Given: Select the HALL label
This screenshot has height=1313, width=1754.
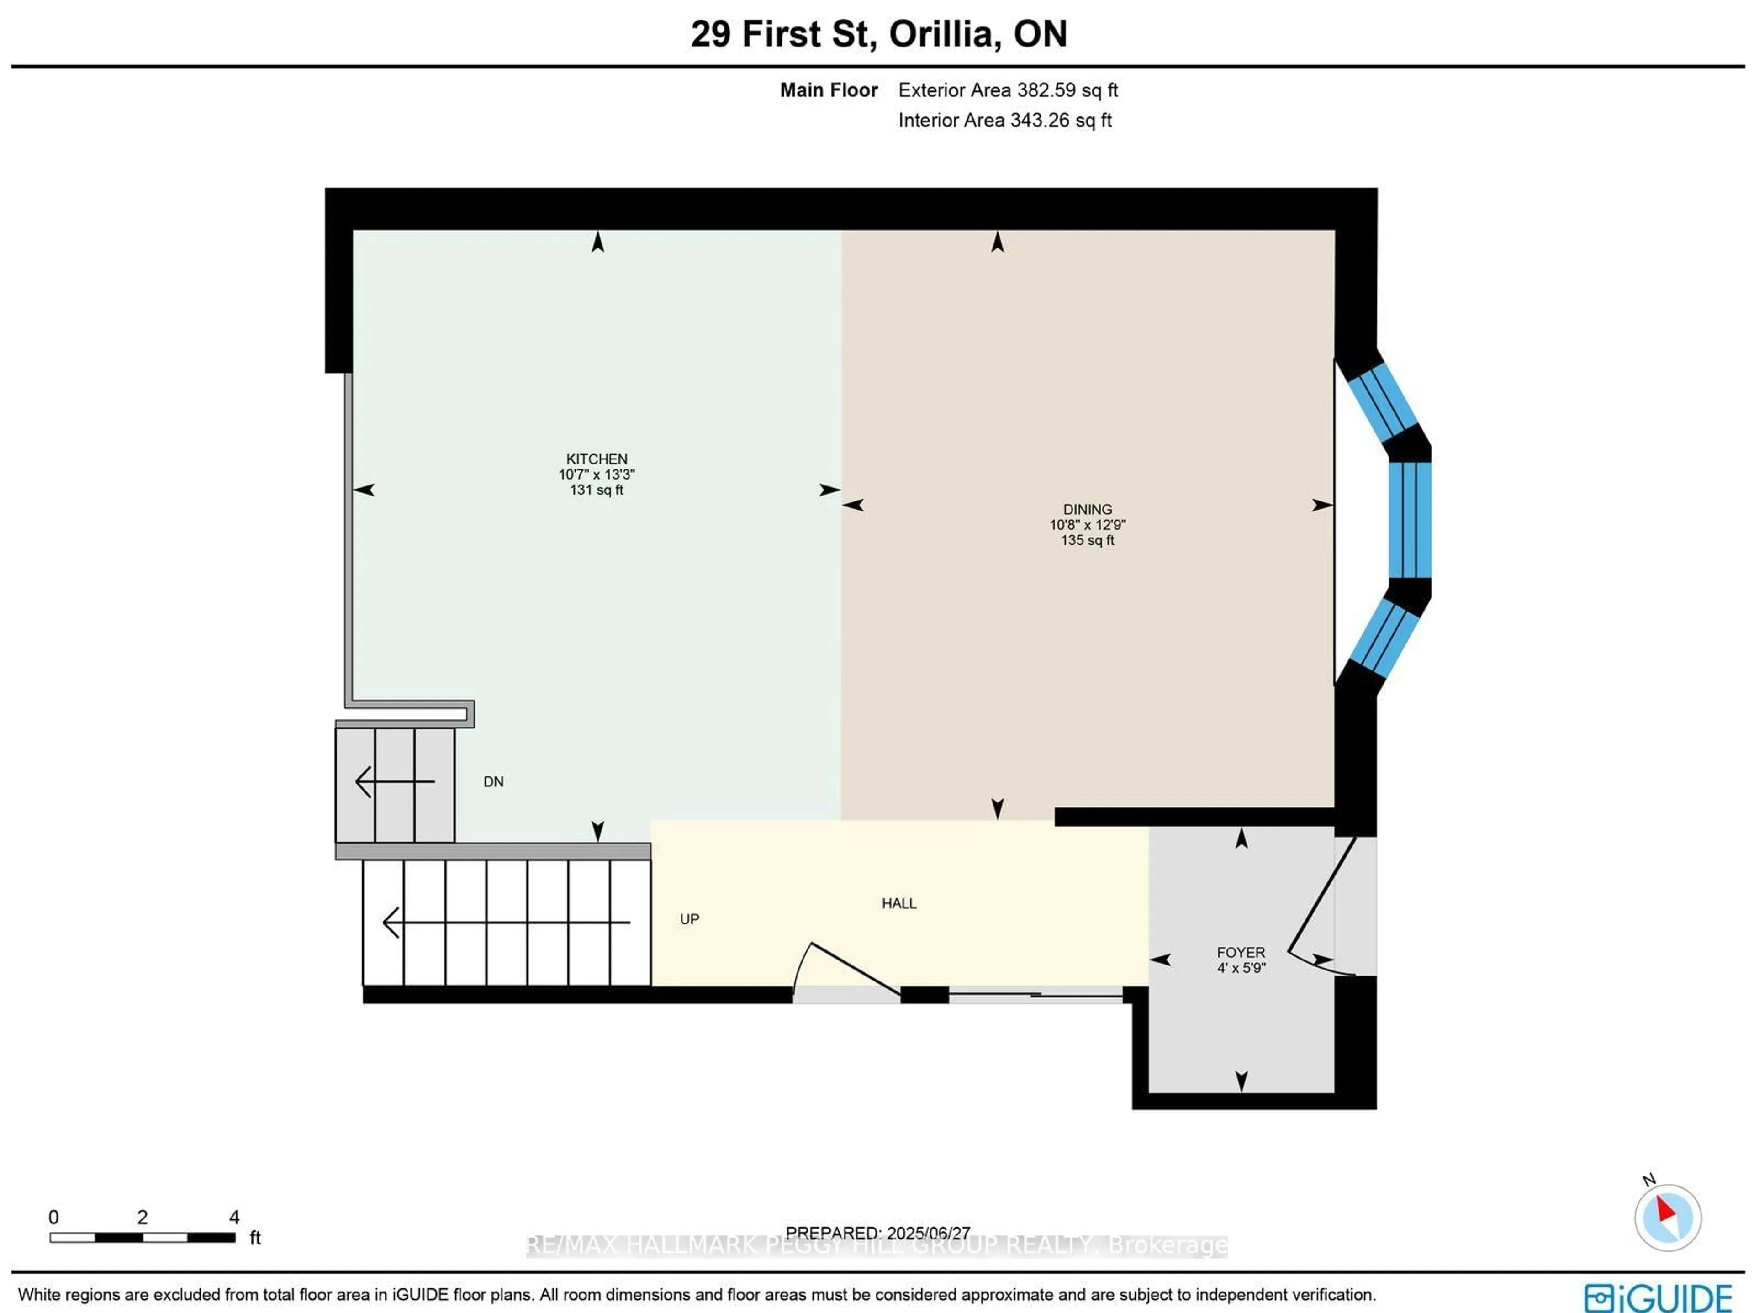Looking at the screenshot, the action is [899, 903].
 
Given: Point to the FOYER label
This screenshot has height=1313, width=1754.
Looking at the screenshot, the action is [1241, 952].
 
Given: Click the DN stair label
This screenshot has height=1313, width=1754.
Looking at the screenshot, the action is [493, 782].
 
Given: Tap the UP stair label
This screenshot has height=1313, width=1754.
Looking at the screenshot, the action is [689, 919].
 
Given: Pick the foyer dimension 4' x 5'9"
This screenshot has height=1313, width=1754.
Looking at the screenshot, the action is [1241, 967].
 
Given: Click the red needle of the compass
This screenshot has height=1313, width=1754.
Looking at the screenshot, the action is [1665, 1210].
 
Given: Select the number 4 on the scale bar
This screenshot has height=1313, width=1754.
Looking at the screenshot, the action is [234, 1217].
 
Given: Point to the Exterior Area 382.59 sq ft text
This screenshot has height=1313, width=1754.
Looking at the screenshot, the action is [1008, 90].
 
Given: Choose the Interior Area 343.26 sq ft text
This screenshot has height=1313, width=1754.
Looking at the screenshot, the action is [1004, 121].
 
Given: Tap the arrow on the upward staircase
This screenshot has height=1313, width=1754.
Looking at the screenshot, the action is [507, 922].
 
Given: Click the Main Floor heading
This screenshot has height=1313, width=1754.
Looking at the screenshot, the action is [829, 90].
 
